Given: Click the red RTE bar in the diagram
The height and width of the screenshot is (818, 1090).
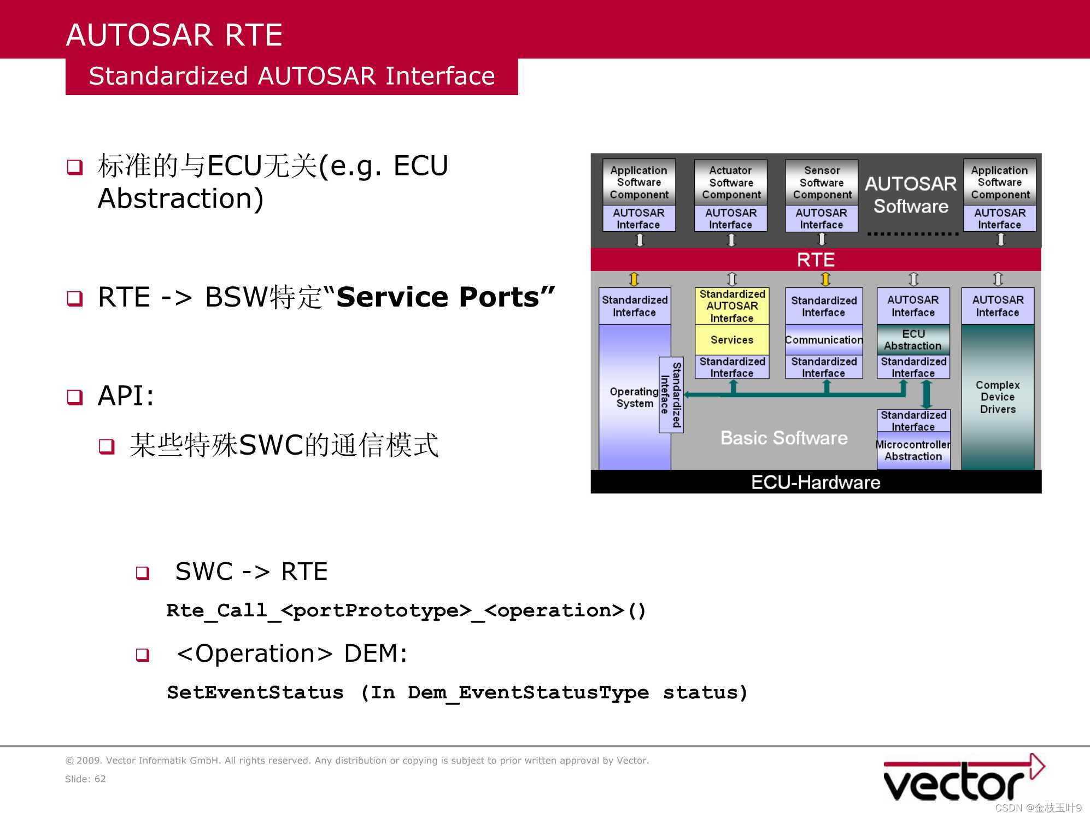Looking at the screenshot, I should (815, 260).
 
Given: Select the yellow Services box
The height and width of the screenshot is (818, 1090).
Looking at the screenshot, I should (731, 340).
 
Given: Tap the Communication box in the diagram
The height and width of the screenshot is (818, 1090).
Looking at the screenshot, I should (823, 340).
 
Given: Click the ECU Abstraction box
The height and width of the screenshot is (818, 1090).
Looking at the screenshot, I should (913, 340).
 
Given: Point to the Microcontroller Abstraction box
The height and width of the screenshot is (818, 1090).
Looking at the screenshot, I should (913, 451).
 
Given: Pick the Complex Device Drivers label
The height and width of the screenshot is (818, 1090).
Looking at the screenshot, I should (997, 397).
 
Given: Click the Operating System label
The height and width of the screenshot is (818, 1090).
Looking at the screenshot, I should (634, 397).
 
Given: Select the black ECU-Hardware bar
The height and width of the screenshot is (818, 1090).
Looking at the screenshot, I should (815, 482).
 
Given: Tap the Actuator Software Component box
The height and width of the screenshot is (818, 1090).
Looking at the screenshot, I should (731, 183).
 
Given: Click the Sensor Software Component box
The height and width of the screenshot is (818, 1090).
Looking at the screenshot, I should (822, 183).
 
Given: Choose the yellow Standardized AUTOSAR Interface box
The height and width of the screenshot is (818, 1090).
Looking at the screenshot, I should (731, 306).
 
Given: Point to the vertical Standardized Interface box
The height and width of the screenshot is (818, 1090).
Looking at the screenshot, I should (671, 395).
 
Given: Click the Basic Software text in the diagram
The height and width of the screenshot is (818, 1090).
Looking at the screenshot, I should (783, 438).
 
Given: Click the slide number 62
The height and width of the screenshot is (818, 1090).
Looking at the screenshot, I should (100, 779).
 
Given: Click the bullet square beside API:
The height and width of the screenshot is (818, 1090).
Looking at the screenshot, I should (74, 397).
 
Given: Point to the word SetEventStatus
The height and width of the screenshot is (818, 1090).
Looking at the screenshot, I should (255, 693).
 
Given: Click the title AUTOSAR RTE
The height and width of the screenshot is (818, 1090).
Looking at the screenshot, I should (174, 35).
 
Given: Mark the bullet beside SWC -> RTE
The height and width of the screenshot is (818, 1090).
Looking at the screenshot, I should (143, 573).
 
